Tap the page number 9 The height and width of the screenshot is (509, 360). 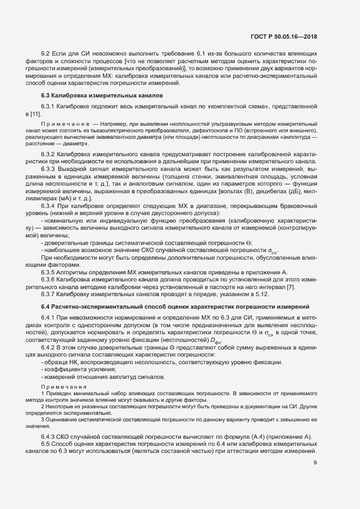coord(315,463)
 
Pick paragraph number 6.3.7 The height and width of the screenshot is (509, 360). coord(48,294)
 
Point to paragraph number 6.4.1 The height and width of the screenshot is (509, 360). coord(48,317)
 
